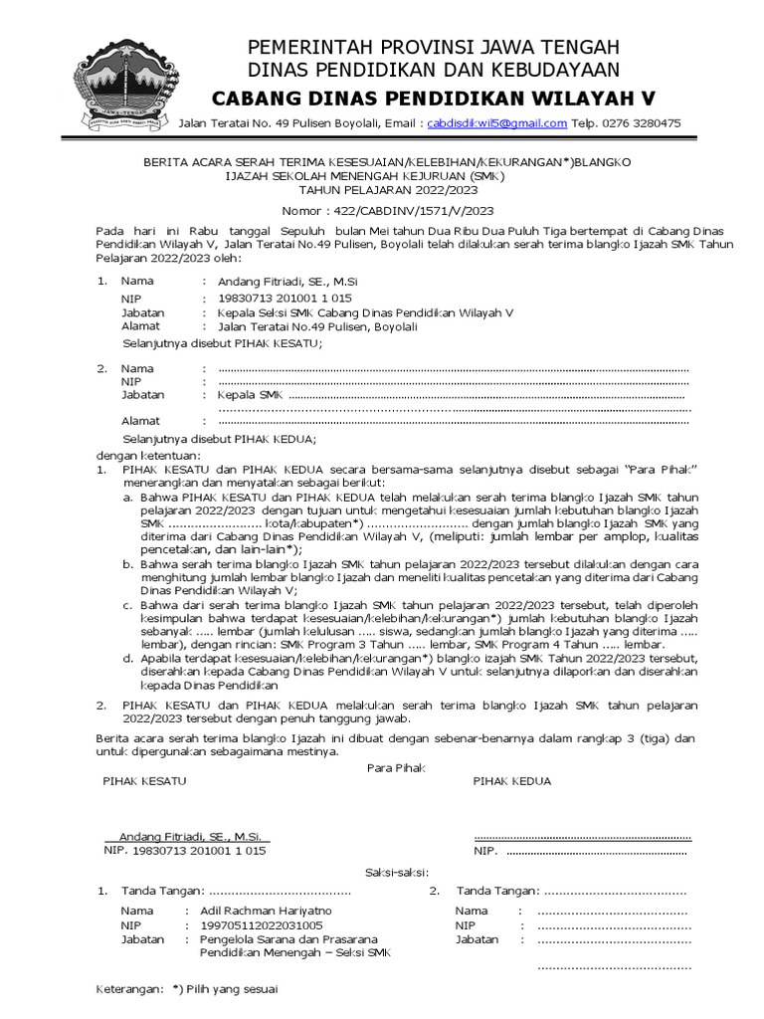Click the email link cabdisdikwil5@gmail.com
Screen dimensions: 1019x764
pos(496,123)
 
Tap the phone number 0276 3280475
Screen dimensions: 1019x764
pos(643,123)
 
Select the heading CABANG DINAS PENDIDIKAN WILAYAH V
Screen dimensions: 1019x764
pos(434,99)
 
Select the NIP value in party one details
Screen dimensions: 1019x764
pos(284,298)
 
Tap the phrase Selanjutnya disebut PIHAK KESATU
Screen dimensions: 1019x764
pos(222,342)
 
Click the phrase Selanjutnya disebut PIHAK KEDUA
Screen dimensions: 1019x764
pos(219,438)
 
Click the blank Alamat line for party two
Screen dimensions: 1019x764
pos(453,421)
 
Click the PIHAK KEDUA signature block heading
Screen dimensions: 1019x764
pos(512,781)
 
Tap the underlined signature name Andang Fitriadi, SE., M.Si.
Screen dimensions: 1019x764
pos(189,836)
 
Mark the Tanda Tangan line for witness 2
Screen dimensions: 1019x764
pos(570,890)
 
